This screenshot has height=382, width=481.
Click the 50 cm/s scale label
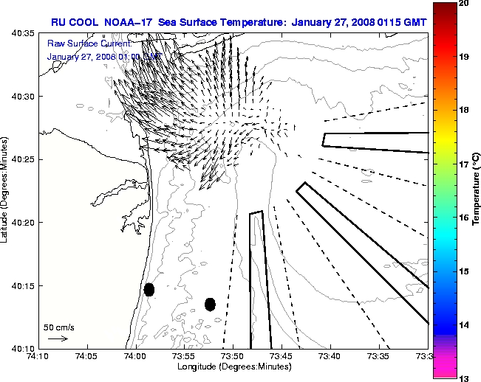(x=59, y=327)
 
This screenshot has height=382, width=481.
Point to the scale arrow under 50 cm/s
(x=58, y=338)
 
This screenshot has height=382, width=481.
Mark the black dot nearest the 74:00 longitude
(x=149, y=289)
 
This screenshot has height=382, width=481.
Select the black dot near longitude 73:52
(x=210, y=304)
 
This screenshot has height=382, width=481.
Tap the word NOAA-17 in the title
(x=129, y=23)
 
